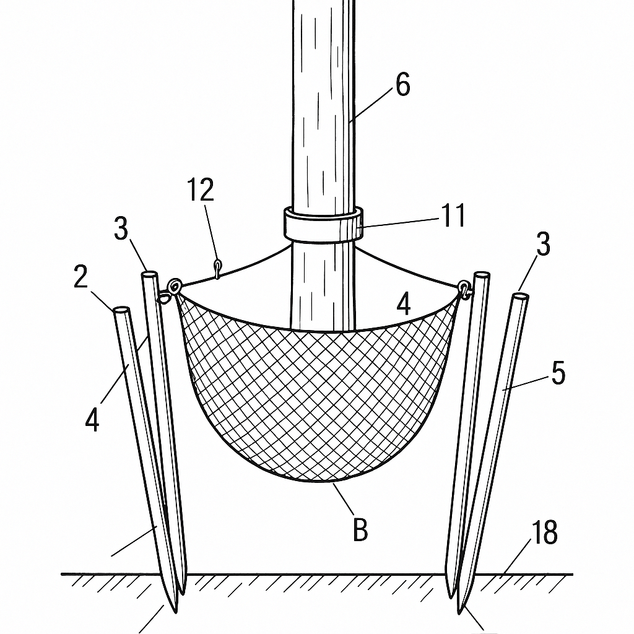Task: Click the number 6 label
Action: click(402, 84)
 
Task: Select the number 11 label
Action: click(453, 215)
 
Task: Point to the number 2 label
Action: click(80, 277)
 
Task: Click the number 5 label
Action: click(558, 373)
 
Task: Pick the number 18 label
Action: click(545, 532)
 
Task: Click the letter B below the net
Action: click(360, 530)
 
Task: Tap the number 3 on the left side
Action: click(121, 228)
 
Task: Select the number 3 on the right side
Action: click(543, 244)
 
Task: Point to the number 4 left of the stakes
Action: click(92, 419)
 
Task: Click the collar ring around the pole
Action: click(323, 224)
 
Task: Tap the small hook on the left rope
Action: click(217, 269)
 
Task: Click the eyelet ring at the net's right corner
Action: click(464, 290)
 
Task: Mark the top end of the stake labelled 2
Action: click(121, 311)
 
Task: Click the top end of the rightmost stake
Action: click(520, 297)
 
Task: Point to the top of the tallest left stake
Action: click(149, 275)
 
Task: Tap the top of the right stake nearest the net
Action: click(482, 276)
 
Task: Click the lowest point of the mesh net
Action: click(319, 482)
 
